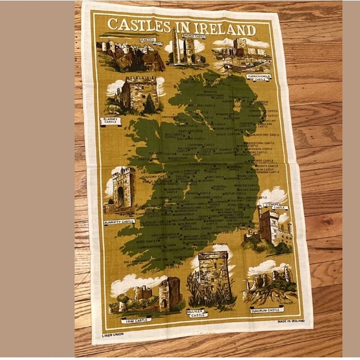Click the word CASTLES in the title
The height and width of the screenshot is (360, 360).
click(x=138, y=25)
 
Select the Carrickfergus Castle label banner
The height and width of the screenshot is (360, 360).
click(x=259, y=78)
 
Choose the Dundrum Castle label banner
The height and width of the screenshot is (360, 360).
click(x=267, y=308)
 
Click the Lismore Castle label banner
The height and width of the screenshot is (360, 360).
click(x=274, y=208)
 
